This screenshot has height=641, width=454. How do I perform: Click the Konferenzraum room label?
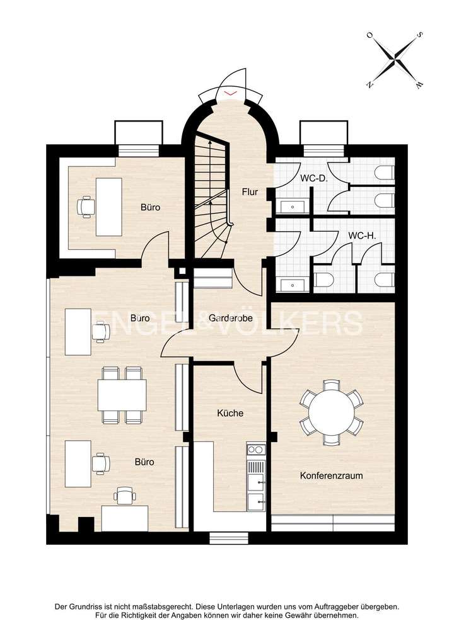coord(331,476)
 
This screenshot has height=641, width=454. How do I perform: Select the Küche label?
coord(230,414)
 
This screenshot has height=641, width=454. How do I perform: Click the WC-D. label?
coord(313,178)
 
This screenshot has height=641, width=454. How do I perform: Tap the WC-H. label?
coord(362,236)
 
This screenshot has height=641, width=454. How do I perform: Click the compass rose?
coord(395,60)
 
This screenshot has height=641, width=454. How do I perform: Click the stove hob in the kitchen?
coord(255,450)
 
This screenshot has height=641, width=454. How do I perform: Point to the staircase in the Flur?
coord(211,189)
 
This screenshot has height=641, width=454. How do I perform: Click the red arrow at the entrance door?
coord(231,93)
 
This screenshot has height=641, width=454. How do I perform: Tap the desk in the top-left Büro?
coord(109,206)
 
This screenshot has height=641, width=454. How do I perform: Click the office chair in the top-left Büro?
coord(86,205)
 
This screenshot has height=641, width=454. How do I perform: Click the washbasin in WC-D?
coord(294,205)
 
